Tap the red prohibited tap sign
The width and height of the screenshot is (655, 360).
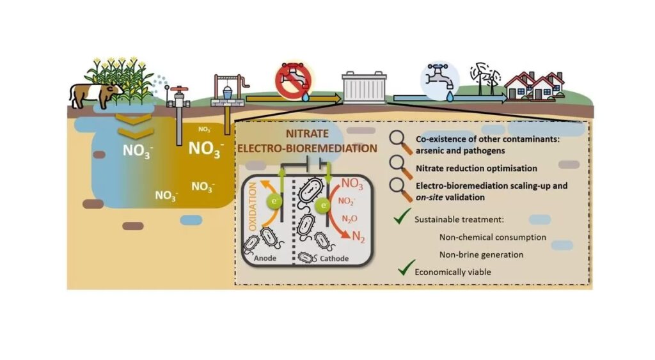coord(291,82)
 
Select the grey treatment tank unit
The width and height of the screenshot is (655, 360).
coord(364,88)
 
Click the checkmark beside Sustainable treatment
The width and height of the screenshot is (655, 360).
coord(402,219)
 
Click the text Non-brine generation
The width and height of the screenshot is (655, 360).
coord(482,254)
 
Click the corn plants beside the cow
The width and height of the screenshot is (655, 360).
coord(123,80)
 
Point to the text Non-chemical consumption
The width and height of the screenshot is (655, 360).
coord(493,237)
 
